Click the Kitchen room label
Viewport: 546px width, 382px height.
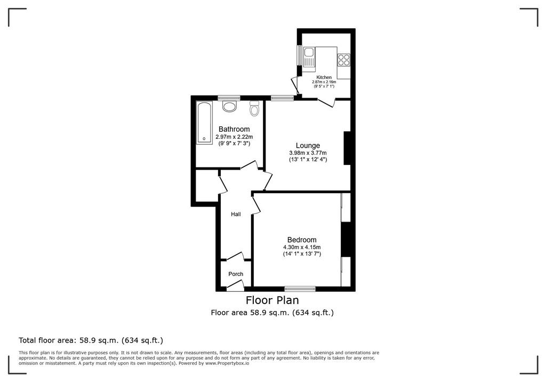(x=324, y=77)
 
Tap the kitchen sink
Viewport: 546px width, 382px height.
(x=309, y=58)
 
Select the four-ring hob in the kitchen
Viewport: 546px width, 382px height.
(x=344, y=60)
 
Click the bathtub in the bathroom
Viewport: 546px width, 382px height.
(x=204, y=123)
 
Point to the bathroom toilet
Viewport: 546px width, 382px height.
(x=255, y=109)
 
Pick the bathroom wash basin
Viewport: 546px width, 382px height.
(x=229, y=106)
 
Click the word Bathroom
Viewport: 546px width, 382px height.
(x=234, y=129)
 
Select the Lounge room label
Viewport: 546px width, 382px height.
(x=308, y=146)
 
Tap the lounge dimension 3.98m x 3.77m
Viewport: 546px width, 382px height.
(x=308, y=153)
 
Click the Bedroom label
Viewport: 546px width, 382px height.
(x=302, y=240)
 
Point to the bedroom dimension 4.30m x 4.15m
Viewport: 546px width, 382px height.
(x=302, y=248)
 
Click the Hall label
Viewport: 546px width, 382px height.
(x=236, y=214)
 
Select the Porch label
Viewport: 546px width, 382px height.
(x=236, y=274)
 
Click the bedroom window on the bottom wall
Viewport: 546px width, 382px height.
(x=300, y=289)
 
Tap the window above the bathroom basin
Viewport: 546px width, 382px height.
(x=229, y=98)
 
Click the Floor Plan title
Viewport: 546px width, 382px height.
(x=272, y=300)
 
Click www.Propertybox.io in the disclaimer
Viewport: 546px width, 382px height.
(x=227, y=363)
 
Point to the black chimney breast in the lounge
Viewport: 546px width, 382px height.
(x=347, y=148)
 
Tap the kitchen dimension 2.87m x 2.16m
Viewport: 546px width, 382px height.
(x=324, y=82)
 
